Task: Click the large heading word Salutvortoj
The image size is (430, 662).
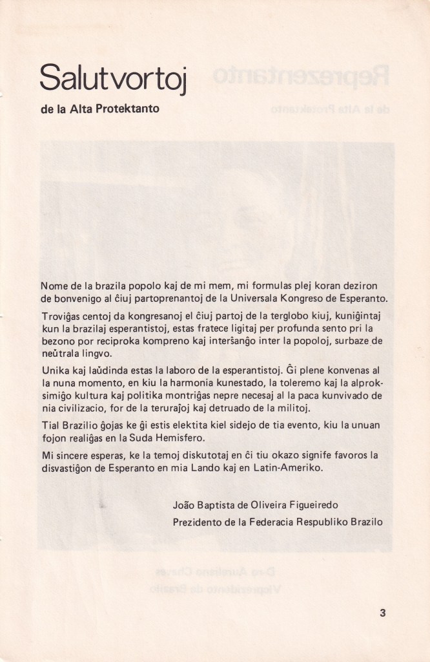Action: [x=113, y=78]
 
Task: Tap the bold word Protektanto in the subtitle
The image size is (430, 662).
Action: [x=128, y=109]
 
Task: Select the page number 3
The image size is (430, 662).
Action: [x=383, y=614]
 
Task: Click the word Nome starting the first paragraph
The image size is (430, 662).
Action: [x=54, y=286]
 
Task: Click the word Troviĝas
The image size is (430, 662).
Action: [x=60, y=318]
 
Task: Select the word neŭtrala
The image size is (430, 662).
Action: [x=61, y=355]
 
